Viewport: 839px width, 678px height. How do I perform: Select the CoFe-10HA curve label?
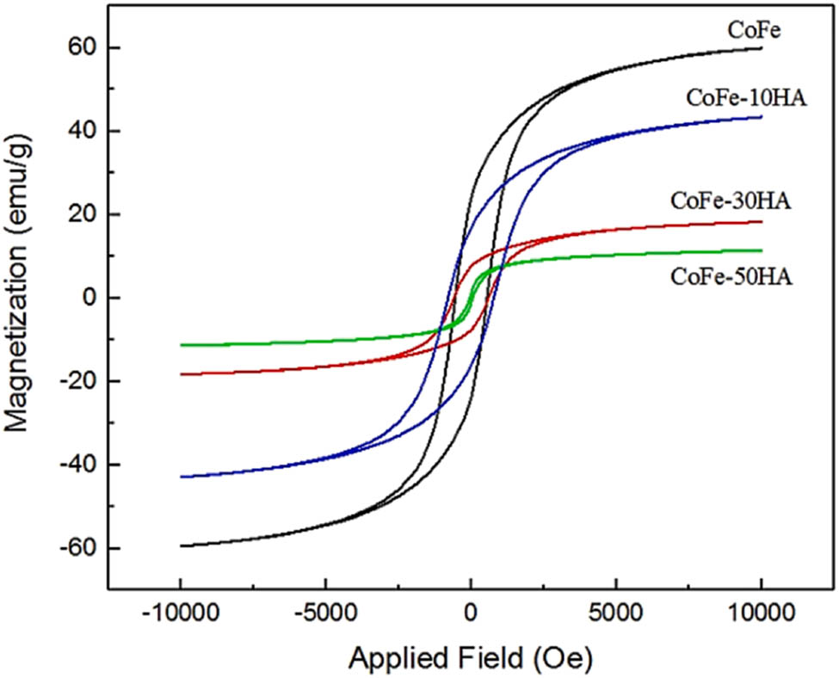coord(746,97)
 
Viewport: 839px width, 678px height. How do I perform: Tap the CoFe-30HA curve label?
coord(731,202)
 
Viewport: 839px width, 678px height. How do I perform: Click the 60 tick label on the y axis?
coord(77,48)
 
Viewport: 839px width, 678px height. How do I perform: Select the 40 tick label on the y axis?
coord(77,132)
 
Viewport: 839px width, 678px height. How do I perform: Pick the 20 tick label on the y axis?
coord(77,215)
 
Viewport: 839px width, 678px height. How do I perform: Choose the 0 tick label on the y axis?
coord(83,299)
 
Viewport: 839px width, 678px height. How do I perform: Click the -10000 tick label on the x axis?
coord(180,616)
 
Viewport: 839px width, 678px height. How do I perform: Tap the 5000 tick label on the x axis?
coord(616,616)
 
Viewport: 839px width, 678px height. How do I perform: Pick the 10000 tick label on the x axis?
coord(761,616)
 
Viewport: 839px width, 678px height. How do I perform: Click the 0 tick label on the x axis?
coord(471,616)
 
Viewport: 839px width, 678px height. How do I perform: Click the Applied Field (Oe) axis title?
coord(471,658)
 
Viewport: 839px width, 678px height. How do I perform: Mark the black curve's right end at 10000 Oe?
coord(761,48)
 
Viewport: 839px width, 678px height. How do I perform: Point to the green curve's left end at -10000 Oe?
coord(181,345)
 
